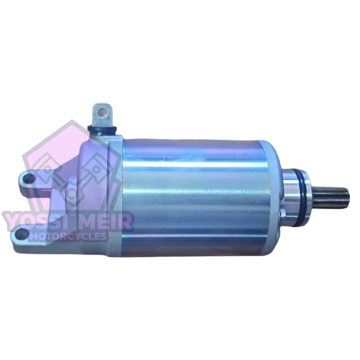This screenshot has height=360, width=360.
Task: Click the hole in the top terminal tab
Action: [x=102, y=112]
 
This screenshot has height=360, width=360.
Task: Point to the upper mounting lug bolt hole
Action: [x=29, y=178]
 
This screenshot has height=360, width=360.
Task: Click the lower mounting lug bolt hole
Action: [x=22, y=233]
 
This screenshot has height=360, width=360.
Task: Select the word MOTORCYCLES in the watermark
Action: [x=68, y=236]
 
